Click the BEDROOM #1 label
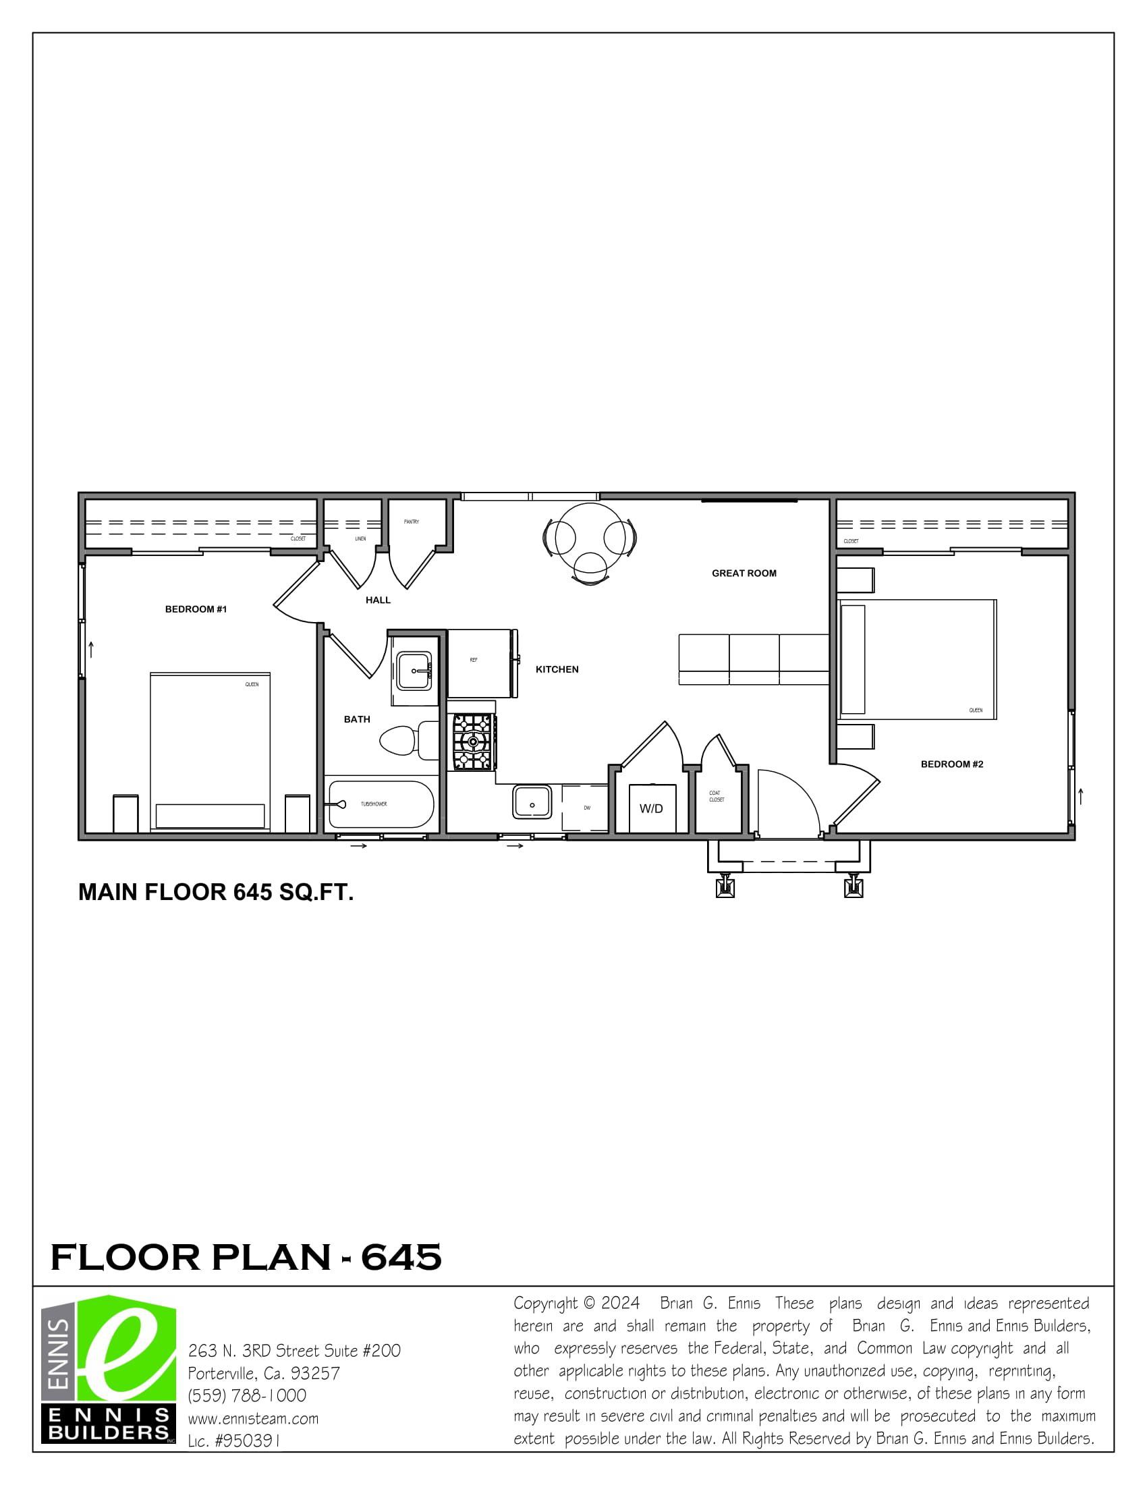tap(196, 609)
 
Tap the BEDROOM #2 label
tap(952, 764)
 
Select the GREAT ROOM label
tap(744, 573)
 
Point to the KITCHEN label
tap(557, 670)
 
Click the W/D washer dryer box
tap(652, 808)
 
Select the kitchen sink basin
tap(532, 802)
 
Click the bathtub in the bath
tap(381, 804)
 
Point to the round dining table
tap(591, 537)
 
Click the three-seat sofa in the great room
tap(754, 659)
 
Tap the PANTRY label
tap(412, 522)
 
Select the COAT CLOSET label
tap(717, 796)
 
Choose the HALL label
tap(378, 600)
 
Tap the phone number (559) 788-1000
tap(247, 1396)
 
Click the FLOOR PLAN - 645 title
tap(246, 1257)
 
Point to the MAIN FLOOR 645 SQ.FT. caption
tap(216, 892)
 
